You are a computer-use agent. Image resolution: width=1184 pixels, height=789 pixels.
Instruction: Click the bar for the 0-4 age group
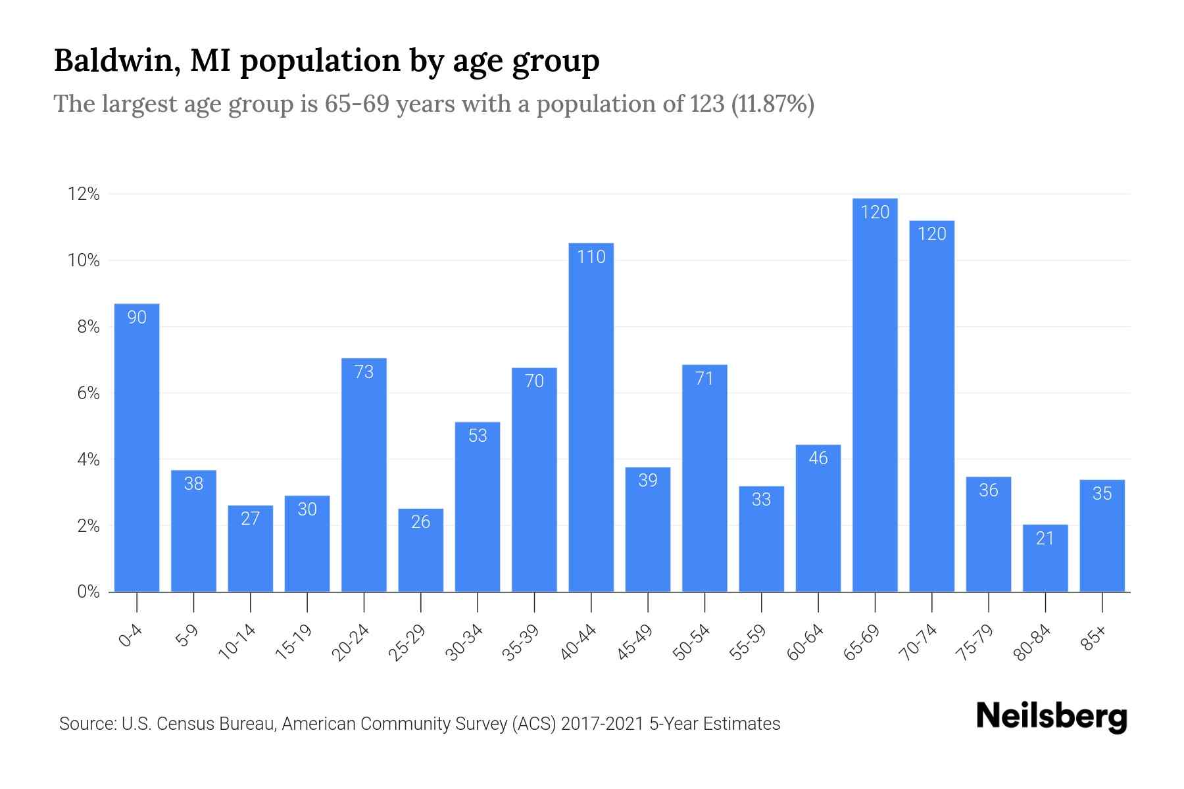[137, 447]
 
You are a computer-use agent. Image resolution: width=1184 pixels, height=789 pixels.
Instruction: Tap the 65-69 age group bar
[875, 394]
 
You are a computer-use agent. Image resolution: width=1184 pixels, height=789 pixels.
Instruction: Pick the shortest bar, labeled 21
[1045, 559]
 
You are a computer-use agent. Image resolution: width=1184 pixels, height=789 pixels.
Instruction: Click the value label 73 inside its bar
[364, 372]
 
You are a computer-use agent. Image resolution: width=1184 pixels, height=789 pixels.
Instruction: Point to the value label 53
[478, 436]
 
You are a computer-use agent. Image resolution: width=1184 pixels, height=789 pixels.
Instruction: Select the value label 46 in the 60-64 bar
[818, 458]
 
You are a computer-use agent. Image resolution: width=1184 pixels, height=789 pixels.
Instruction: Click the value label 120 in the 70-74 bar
[931, 234]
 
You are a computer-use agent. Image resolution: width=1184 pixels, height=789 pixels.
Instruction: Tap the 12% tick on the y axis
[84, 195]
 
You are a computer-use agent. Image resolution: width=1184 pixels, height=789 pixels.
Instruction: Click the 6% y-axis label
[88, 393]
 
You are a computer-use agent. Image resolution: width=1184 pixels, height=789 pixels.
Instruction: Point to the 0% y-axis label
[88, 592]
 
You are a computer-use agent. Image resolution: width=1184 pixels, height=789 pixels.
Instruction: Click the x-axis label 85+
[1095, 638]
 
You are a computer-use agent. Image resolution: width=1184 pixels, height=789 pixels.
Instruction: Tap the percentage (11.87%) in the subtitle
[773, 104]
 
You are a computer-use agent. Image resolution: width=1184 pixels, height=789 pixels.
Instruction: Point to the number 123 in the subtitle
[707, 104]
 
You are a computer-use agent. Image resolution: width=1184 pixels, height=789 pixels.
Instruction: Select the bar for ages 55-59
[761, 539]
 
